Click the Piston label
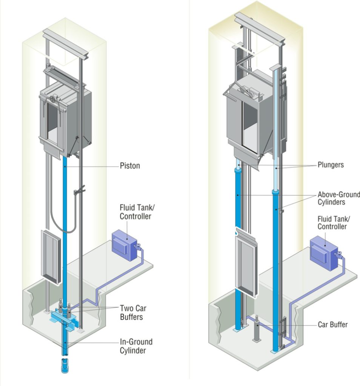[x=130, y=165]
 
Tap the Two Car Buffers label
[x=133, y=312]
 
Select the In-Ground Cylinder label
[x=136, y=346]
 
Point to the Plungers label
[x=331, y=165]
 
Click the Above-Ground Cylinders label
[x=338, y=198]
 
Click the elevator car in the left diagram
[x=66, y=121]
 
